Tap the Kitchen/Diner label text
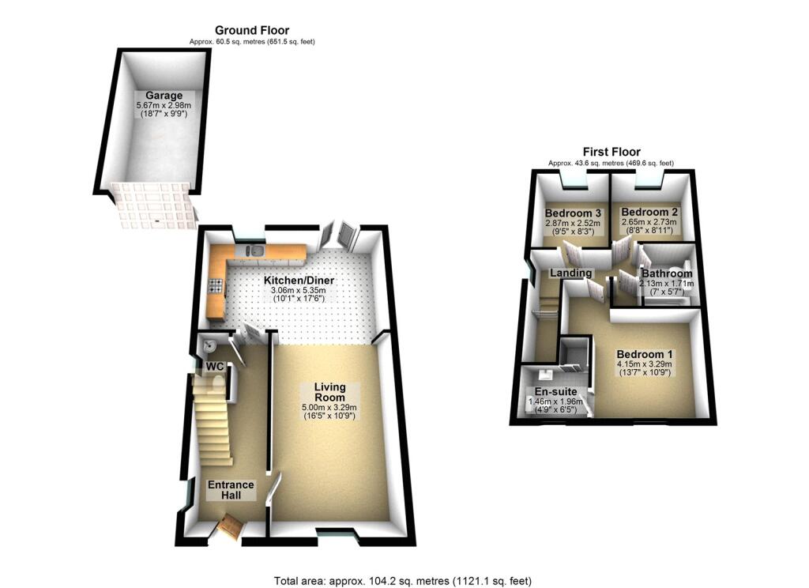[299, 281]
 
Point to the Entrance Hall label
[231, 490]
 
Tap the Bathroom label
[667, 273]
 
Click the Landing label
[571, 273]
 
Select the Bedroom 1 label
[644, 354]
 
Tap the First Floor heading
[611, 152]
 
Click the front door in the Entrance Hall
[232, 525]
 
